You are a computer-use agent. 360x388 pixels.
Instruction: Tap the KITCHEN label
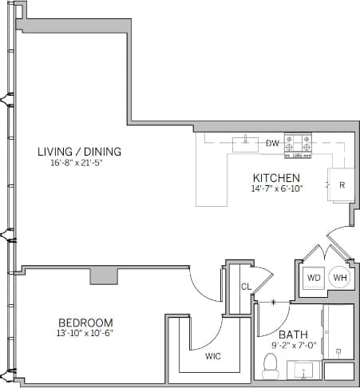(x=276, y=178)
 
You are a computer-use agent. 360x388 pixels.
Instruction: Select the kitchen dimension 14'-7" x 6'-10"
(x=276, y=189)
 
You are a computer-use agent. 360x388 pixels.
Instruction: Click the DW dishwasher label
(x=272, y=144)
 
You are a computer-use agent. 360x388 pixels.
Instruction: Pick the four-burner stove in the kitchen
(x=299, y=144)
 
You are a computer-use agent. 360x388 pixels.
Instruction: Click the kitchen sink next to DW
(x=245, y=144)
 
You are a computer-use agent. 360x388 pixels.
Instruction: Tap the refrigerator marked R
(x=341, y=184)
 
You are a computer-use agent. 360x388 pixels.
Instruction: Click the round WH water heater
(x=340, y=277)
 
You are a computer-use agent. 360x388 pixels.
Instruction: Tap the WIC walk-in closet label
(x=213, y=355)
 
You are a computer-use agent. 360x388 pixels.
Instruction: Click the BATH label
(x=293, y=335)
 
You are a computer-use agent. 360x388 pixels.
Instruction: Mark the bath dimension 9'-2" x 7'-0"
(x=293, y=346)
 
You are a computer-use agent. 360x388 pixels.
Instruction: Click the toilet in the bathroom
(x=270, y=366)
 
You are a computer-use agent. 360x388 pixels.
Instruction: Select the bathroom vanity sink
(x=304, y=370)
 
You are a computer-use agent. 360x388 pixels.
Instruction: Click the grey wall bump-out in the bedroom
(x=104, y=275)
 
